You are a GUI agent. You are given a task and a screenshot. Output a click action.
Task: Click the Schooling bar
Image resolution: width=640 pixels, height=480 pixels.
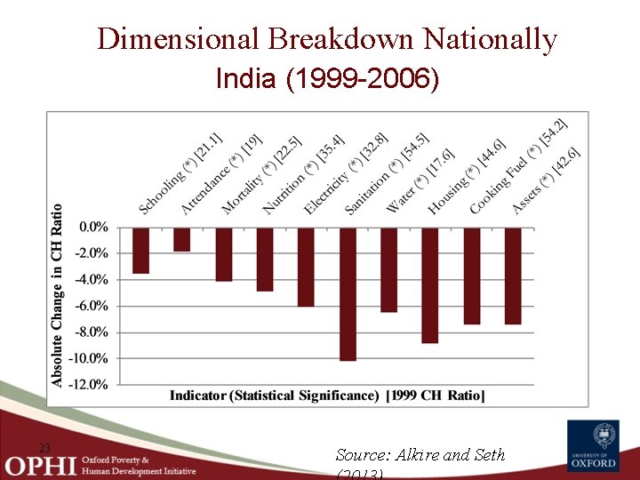[x=140, y=250]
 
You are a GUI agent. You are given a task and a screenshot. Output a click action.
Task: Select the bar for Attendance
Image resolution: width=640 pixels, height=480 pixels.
[x=181, y=239]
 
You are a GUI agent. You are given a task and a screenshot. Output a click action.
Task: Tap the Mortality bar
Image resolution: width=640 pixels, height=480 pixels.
[x=223, y=254]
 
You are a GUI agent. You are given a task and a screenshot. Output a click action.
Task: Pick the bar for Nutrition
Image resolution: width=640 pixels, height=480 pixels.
[x=265, y=259]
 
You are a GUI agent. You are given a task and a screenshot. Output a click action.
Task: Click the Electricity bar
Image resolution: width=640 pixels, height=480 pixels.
[x=306, y=267]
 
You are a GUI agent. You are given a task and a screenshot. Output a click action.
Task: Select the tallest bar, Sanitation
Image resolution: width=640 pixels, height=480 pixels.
[x=348, y=294]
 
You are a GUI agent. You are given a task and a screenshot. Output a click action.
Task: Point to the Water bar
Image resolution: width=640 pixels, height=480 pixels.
[x=388, y=269]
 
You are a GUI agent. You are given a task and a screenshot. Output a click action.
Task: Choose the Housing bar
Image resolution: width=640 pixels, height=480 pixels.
[x=430, y=285]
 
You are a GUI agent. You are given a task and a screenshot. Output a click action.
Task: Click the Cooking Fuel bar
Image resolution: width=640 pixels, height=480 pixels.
[x=471, y=276]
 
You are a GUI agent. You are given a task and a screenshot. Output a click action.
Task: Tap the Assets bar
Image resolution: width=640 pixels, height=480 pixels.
[x=513, y=276]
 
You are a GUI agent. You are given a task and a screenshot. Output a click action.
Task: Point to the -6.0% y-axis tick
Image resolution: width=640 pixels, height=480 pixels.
[x=93, y=306]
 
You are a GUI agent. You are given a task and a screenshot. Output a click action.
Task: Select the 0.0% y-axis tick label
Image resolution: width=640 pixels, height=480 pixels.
[x=94, y=227]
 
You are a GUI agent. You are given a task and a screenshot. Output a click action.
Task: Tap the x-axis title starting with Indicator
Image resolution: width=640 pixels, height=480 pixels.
[x=327, y=396]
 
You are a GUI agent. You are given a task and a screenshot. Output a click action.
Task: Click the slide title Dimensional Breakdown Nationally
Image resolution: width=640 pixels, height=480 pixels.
[x=327, y=39]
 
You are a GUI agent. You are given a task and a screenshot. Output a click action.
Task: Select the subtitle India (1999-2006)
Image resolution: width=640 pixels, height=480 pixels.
[x=327, y=79]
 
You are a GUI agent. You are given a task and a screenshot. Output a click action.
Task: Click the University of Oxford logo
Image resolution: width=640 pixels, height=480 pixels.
[x=594, y=446]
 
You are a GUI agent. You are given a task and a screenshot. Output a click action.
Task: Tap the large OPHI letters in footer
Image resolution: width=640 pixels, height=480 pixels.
[x=40, y=465]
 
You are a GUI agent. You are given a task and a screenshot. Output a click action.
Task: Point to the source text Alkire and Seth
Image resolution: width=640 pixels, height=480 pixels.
[x=420, y=455]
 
